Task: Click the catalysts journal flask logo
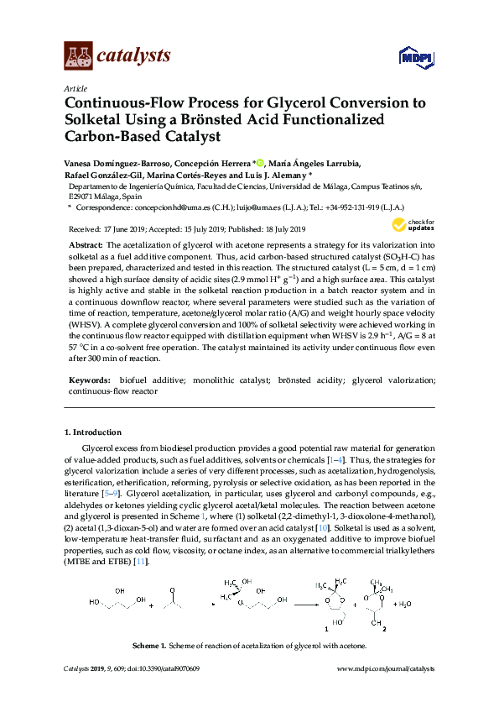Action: pyautogui.click(x=78, y=56)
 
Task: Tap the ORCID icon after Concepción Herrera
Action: pyautogui.click(x=261, y=163)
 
